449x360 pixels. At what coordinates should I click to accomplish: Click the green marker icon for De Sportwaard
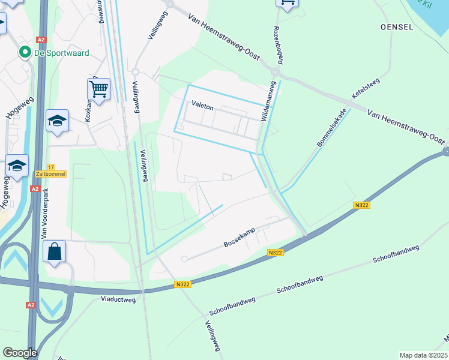tap(25, 53)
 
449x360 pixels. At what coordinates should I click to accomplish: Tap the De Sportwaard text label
tap(62, 53)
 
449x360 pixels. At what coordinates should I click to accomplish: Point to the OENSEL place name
tap(397, 27)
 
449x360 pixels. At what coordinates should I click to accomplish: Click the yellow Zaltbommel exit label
tap(50, 173)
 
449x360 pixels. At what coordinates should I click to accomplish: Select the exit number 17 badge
tap(50, 167)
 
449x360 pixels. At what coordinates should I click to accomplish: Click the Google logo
tap(20, 353)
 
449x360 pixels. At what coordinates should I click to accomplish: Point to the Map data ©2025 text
tap(424, 355)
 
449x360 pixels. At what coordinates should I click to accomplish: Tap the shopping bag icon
tap(55, 251)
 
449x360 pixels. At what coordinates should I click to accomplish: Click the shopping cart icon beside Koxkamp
tap(98, 90)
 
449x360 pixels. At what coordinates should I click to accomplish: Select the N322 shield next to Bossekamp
tap(275, 253)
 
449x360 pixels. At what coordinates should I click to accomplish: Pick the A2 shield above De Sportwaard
tap(41, 40)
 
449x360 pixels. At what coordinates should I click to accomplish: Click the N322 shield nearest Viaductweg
tap(182, 284)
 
